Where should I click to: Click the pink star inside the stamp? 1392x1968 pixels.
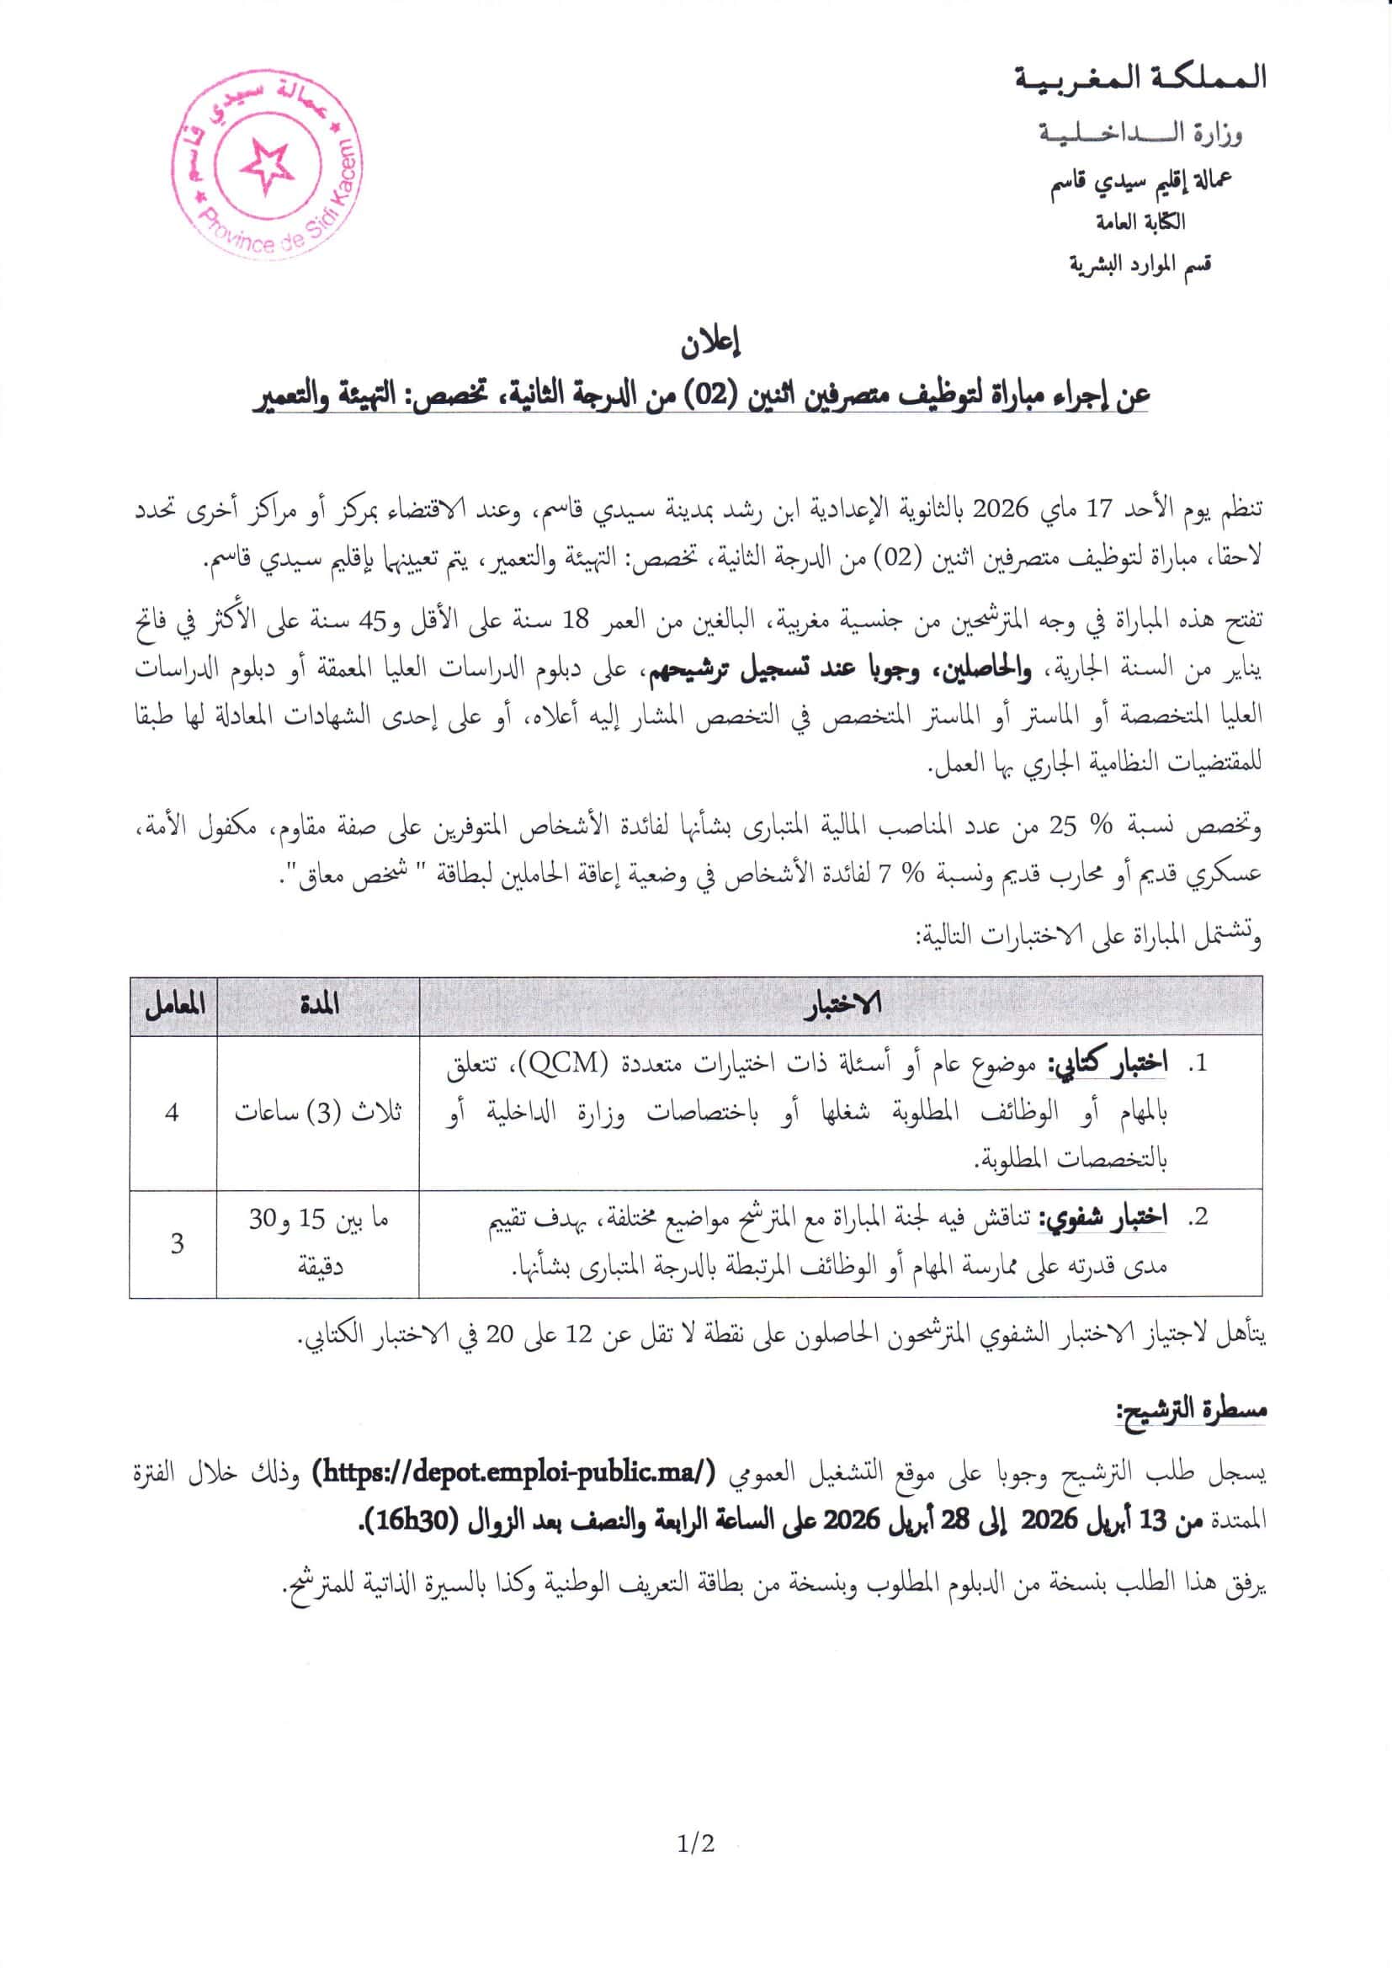click(x=267, y=165)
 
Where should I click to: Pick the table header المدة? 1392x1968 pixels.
click(x=319, y=1005)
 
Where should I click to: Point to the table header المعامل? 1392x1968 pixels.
click(x=174, y=1005)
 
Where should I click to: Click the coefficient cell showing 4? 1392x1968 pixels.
click(x=173, y=1113)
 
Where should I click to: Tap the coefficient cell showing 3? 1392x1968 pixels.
click(x=177, y=1243)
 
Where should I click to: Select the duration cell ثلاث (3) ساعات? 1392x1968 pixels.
click(x=318, y=1113)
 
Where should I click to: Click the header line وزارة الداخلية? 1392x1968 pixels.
click(x=1141, y=134)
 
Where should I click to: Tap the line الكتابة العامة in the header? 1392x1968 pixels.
click(x=1141, y=222)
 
